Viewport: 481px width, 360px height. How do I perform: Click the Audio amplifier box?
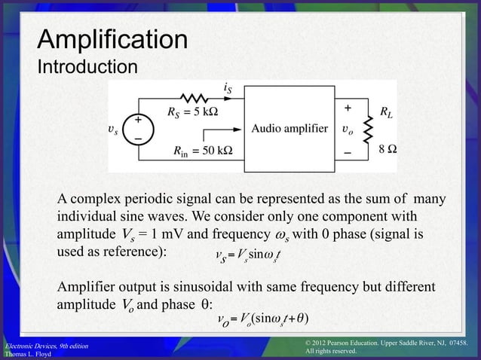click(290, 128)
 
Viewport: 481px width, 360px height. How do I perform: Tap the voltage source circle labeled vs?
click(138, 130)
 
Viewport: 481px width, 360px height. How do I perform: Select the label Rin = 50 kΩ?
click(202, 151)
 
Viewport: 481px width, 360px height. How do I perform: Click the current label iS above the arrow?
click(228, 88)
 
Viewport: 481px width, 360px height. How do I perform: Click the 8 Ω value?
click(388, 150)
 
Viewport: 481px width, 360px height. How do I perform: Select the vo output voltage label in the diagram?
click(347, 130)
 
